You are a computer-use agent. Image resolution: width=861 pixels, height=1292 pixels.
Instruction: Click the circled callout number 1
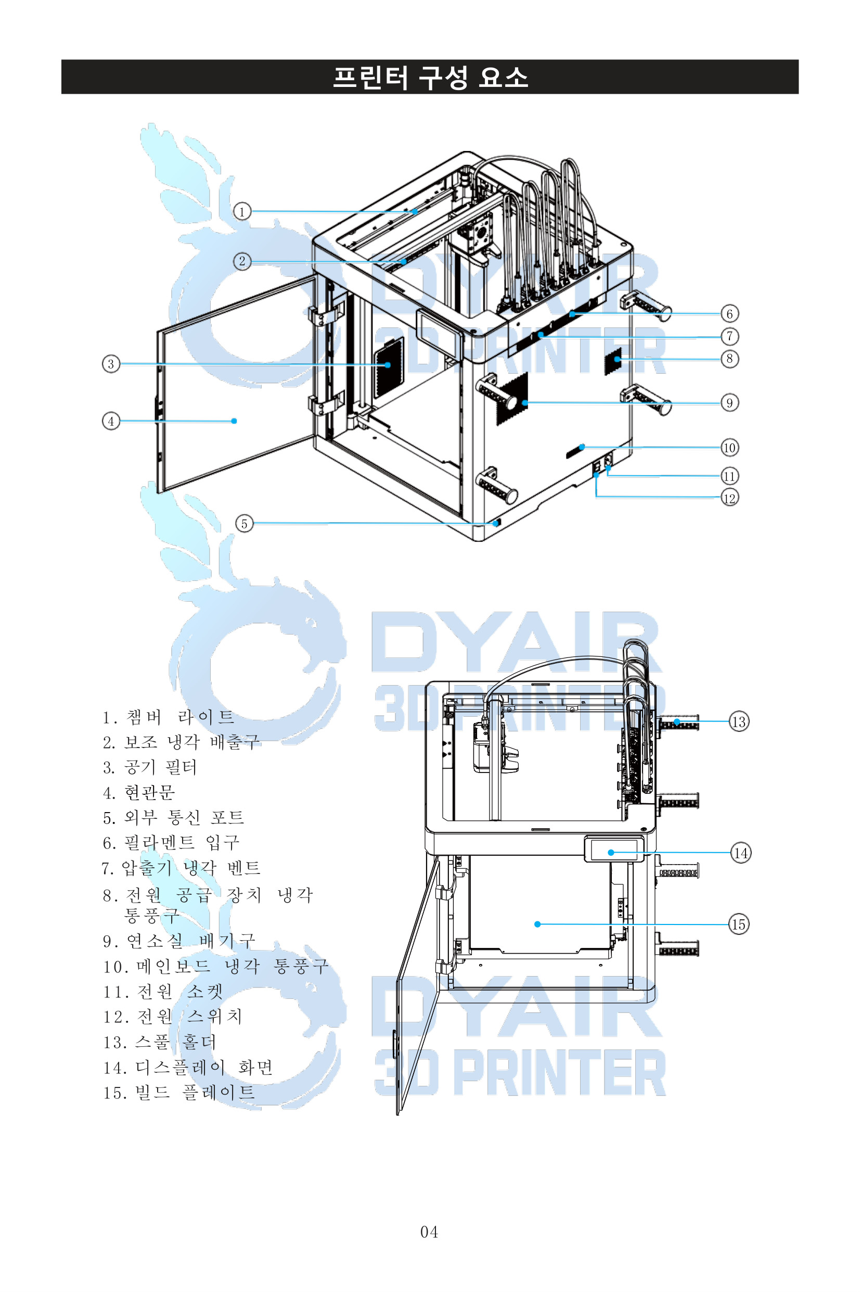[242, 211]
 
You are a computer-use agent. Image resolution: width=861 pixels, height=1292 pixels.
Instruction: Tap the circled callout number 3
[111, 364]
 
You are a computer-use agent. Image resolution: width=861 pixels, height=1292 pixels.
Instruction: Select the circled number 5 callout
[245, 523]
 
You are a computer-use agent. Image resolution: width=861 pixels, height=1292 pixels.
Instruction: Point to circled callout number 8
[729, 359]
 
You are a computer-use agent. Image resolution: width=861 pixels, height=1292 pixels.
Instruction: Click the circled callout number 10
[729, 448]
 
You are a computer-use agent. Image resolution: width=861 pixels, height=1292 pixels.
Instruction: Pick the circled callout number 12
[729, 498]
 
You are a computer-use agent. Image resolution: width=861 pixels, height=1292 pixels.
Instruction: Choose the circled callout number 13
[739, 721]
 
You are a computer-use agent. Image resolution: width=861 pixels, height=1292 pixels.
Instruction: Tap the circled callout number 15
[739, 924]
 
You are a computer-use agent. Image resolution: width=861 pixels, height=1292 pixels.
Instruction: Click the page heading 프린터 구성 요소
[431, 77]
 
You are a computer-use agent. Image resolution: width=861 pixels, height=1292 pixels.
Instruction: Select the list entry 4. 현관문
[139, 792]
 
